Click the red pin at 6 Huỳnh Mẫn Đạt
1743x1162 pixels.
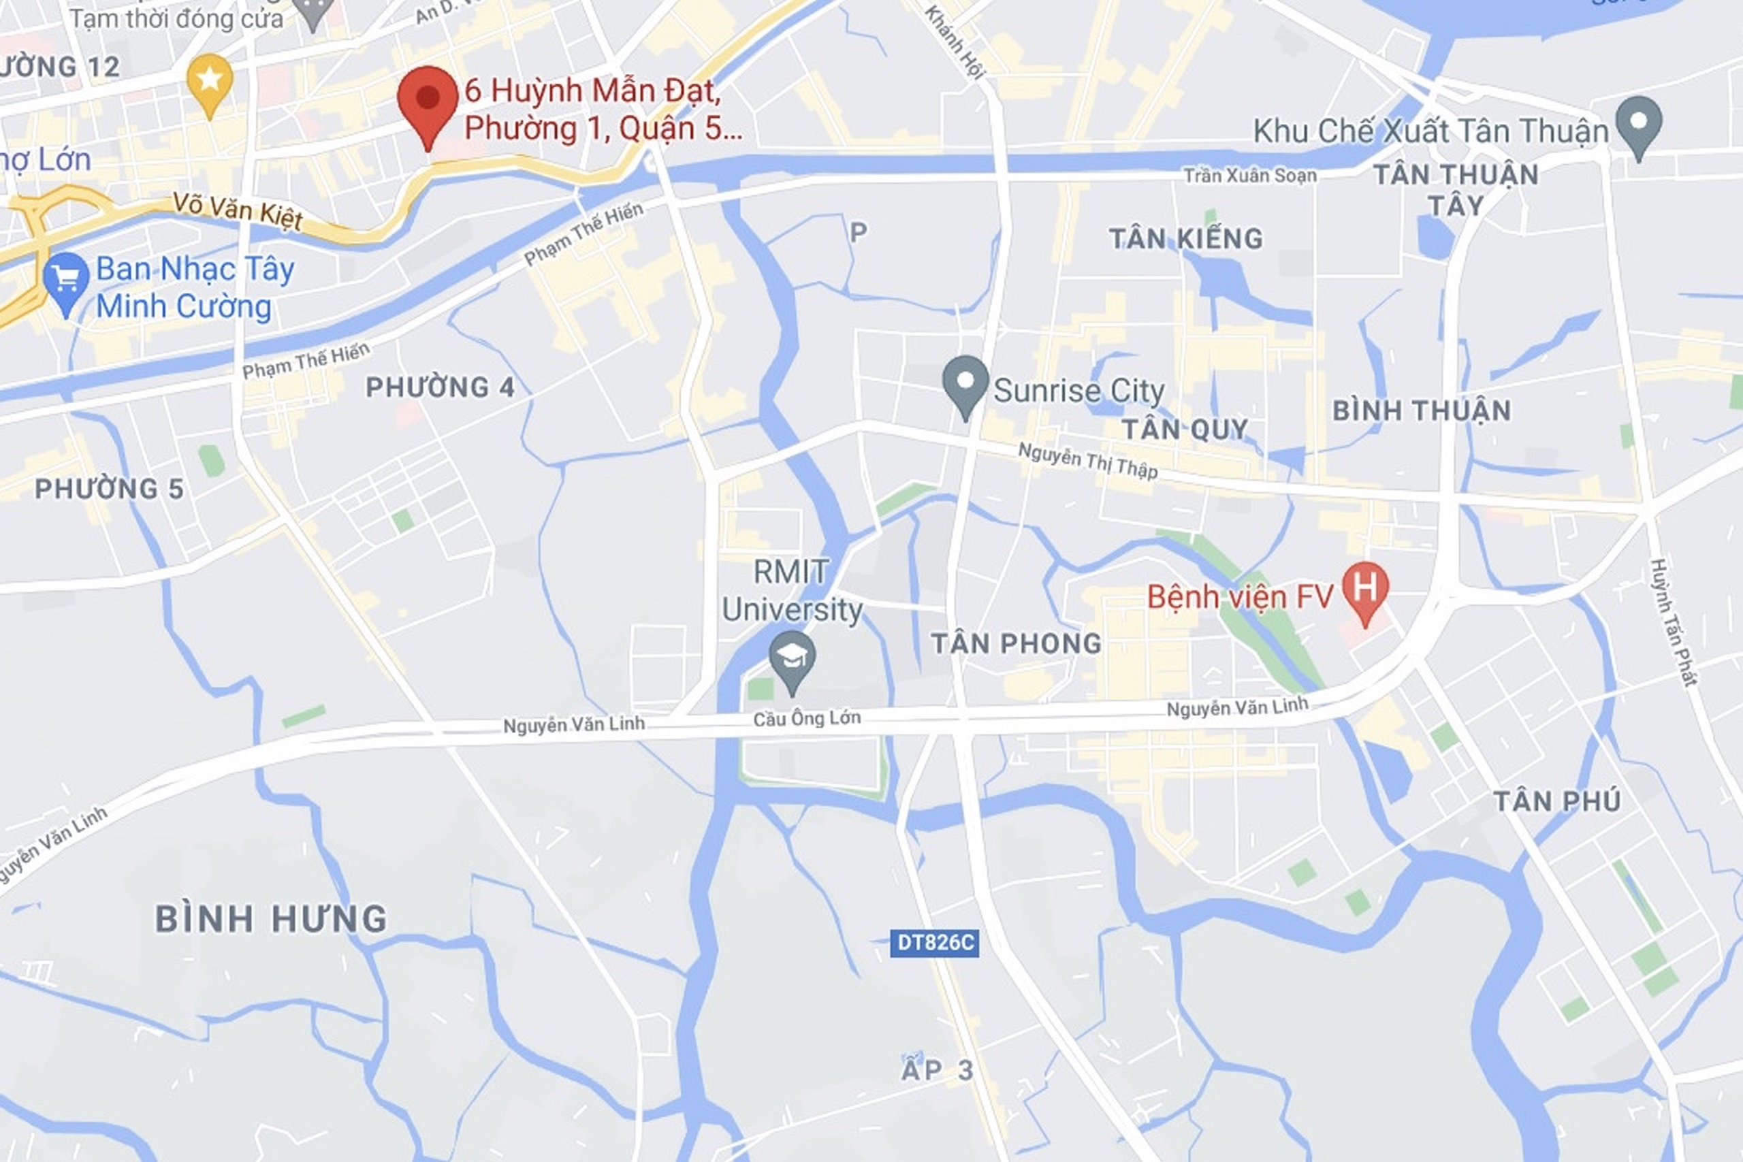pyautogui.click(x=427, y=101)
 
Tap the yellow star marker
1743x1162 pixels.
pyautogui.click(x=210, y=80)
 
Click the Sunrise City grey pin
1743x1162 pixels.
pyautogui.click(x=965, y=383)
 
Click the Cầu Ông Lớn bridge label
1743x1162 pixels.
pyautogui.click(x=806, y=718)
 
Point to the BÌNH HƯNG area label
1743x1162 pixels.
pyautogui.click(x=271, y=919)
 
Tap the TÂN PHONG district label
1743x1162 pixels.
pyautogui.click(x=1016, y=643)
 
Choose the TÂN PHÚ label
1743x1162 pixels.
pyautogui.click(x=1557, y=801)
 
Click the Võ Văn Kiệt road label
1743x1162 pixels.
pyautogui.click(x=237, y=210)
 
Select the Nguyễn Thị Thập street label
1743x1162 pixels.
pyautogui.click(x=1087, y=460)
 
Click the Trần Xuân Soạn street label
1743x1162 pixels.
pyautogui.click(x=1249, y=176)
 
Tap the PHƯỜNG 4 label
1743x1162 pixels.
pyautogui.click(x=441, y=387)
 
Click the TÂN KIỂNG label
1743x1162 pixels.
pyautogui.click(x=1185, y=239)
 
